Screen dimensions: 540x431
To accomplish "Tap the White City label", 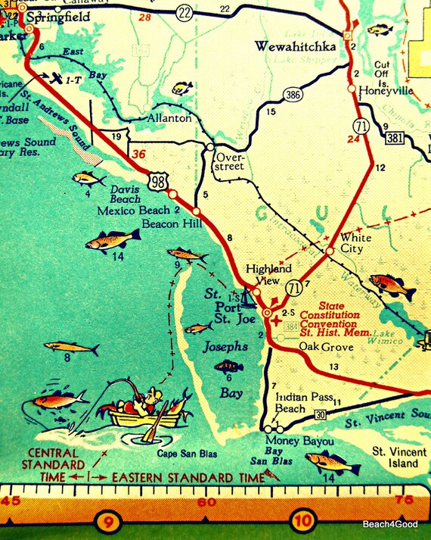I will click(x=356, y=242).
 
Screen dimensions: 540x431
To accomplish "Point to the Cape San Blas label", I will click(x=187, y=454).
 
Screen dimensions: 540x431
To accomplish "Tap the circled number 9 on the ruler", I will click(x=108, y=521).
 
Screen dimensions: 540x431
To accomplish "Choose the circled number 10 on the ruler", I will click(x=303, y=521).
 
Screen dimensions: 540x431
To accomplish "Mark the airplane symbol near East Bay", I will click(x=55, y=78).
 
